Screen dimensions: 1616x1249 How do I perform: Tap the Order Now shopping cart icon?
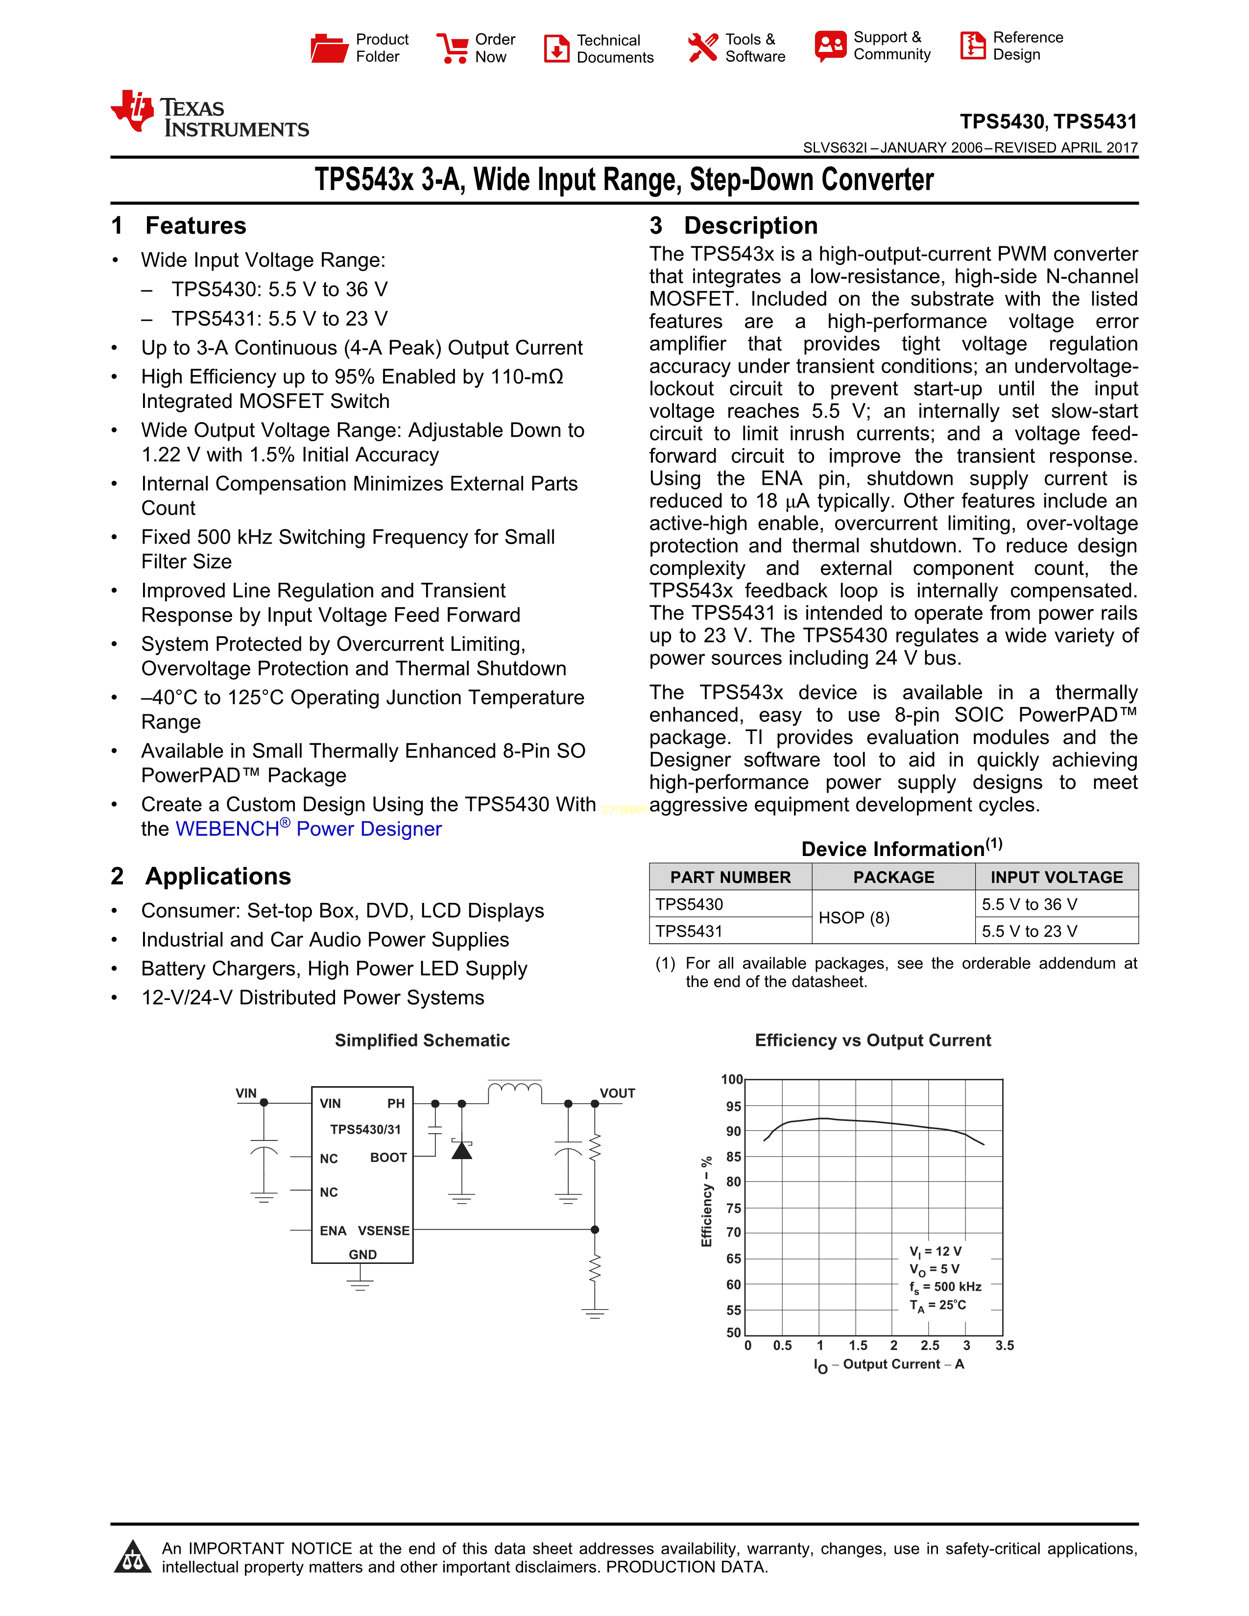tap(452, 48)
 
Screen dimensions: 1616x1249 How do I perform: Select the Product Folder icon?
tap(329, 48)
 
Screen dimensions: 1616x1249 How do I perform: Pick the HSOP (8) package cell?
tap(854, 918)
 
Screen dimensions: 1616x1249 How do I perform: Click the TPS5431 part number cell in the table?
tap(690, 931)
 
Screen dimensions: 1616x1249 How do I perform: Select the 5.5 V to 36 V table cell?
tap(1029, 904)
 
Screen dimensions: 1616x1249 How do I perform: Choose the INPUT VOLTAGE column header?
tap(1056, 877)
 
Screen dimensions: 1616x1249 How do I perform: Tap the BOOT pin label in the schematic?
tap(388, 1157)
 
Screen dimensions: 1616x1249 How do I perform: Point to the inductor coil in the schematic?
tap(515, 1089)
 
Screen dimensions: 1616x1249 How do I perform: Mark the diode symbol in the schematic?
tap(462, 1151)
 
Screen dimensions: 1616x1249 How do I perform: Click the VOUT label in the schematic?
tap(617, 1093)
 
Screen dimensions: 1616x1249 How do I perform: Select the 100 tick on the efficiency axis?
tap(732, 1080)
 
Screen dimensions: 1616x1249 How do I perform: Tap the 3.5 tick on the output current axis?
tap(1004, 1345)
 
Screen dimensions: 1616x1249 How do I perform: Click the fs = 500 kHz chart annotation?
tap(945, 1287)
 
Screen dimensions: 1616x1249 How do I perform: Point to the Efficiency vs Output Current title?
tap(872, 1040)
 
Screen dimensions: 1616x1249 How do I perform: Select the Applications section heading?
tap(217, 876)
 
